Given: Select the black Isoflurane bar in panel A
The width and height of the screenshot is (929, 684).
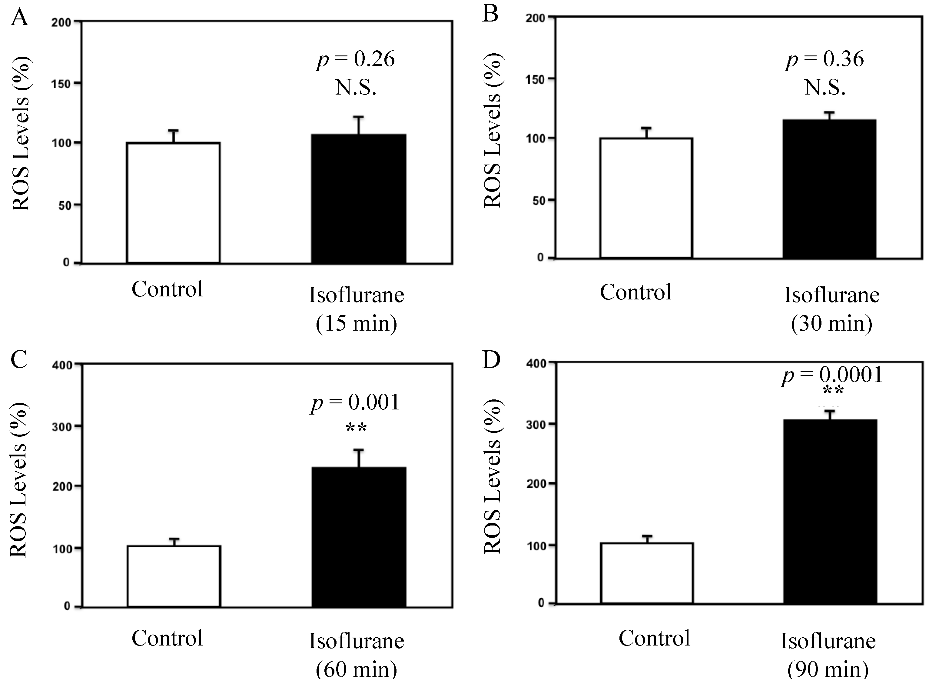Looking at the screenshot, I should (358, 199).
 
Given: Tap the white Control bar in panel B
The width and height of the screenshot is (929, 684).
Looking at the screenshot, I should (646, 198).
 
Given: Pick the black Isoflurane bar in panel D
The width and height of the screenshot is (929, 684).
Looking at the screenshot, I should (830, 511).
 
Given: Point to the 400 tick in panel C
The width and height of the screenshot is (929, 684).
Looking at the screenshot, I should (62, 365).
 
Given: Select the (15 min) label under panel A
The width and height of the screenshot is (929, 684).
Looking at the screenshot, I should (356, 323).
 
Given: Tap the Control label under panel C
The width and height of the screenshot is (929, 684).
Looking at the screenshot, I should (167, 638).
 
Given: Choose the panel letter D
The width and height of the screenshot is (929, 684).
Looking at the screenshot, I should (491, 360).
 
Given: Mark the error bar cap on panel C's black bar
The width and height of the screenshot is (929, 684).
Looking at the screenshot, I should (358, 450).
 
